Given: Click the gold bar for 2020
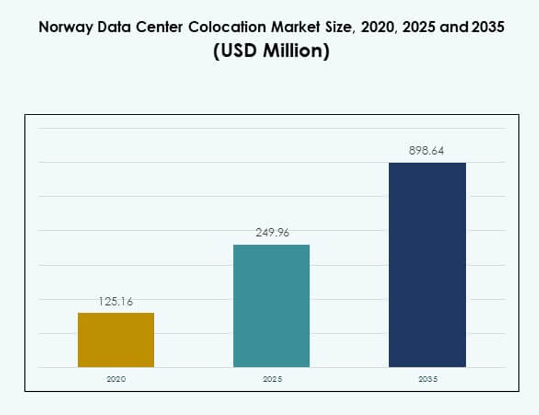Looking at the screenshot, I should point(116,340).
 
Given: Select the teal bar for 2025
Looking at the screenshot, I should point(271,305).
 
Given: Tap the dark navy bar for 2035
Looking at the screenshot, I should point(427,265).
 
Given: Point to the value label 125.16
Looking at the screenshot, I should point(116,301).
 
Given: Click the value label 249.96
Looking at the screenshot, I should point(272,232).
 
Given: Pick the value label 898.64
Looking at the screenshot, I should point(426,151).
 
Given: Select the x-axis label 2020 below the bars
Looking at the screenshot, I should point(116,378).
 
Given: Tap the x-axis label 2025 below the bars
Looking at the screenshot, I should point(272,378).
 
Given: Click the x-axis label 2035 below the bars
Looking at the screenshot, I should point(428,378).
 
